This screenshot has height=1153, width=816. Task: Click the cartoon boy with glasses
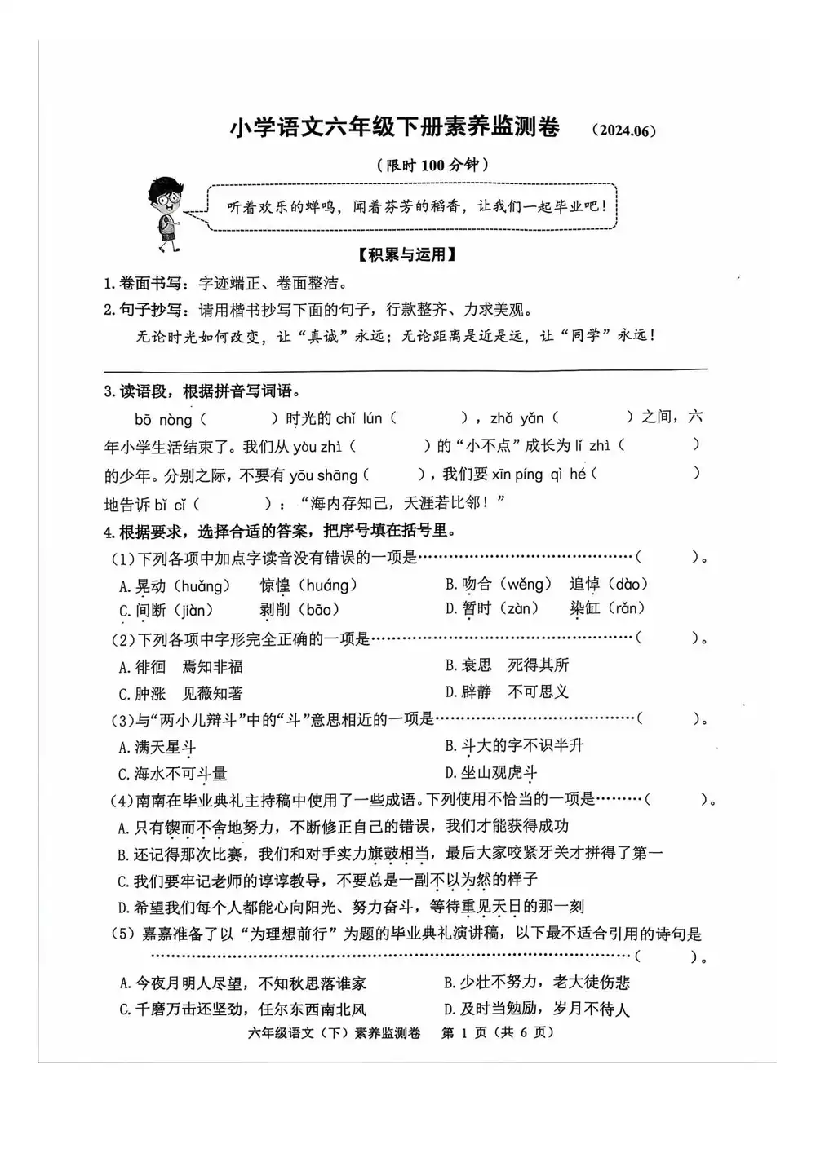pyautogui.click(x=167, y=214)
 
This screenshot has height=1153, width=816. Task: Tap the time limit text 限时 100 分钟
pyautogui.click(x=432, y=165)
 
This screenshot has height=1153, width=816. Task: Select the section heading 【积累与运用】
pyautogui.click(x=406, y=254)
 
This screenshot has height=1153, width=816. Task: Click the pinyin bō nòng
pyautogui.click(x=163, y=420)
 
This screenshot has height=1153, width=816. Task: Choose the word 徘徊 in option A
pyautogui.click(x=150, y=667)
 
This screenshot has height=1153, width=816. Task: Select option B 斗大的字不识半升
pyautogui.click(x=514, y=745)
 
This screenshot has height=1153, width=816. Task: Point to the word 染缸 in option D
pyautogui.click(x=584, y=608)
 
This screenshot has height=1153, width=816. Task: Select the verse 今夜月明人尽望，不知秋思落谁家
pyautogui.click(x=242, y=983)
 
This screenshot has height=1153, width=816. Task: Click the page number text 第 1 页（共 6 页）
pyautogui.click(x=497, y=1032)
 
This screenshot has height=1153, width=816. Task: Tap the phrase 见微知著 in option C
pyautogui.click(x=212, y=694)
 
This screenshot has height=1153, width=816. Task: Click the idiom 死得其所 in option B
pyautogui.click(x=538, y=665)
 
